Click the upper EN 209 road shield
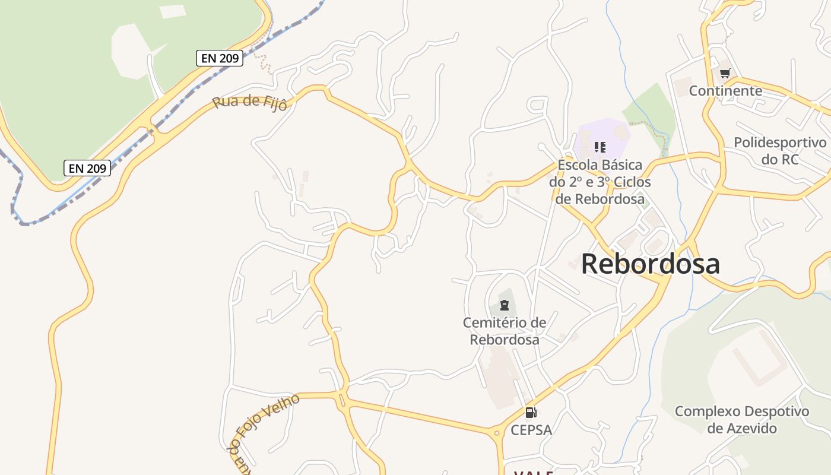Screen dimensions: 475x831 coord(220,58)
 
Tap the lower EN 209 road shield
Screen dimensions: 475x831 coord(87,168)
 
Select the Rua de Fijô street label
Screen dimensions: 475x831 coord(250,102)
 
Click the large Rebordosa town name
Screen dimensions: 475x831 coord(651,264)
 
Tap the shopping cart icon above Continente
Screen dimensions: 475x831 coord(725,74)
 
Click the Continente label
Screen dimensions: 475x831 coord(725,91)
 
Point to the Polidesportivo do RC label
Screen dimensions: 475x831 coord(780,151)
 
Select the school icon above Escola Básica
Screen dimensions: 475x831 coord(600,147)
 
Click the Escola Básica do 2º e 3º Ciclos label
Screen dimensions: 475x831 coord(600,182)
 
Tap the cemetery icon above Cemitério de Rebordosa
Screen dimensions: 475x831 coord(505,306)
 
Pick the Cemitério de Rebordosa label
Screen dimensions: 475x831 coord(505,331)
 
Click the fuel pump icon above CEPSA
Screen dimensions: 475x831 coord(531,412)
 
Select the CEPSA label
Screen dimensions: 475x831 coord(531,430)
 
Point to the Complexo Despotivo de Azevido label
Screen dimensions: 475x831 coord(742,419)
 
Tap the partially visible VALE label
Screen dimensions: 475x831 coord(533,473)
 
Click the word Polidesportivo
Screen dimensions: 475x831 coord(780,143)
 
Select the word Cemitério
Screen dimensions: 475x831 coord(496,322)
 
